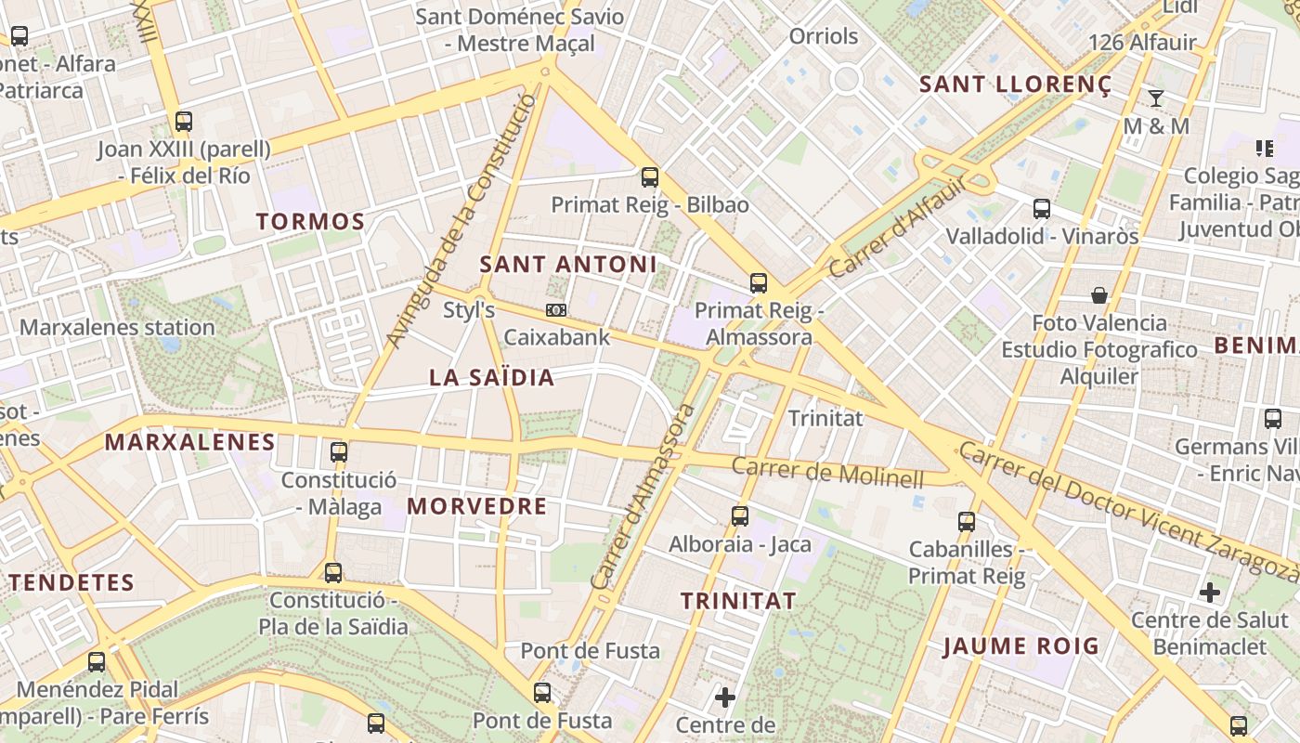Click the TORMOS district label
pyautogui.click(x=310, y=221)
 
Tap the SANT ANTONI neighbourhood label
pyautogui.click(x=567, y=264)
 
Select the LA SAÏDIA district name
pyautogui.click(x=491, y=377)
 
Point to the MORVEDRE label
pyautogui.click(x=476, y=506)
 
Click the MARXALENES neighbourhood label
pyautogui.click(x=189, y=442)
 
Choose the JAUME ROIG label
pyautogui.click(x=1020, y=645)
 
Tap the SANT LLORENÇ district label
pyautogui.click(x=1014, y=85)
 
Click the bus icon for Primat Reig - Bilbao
pyautogui.click(x=650, y=176)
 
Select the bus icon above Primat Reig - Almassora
pyautogui.click(x=759, y=283)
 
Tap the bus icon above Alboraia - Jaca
pyautogui.click(x=740, y=515)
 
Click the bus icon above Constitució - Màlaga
pyautogui.click(x=339, y=452)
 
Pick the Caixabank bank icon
pyautogui.click(x=556, y=310)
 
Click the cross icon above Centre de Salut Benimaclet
pyautogui.click(x=1209, y=592)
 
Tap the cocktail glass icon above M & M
pyautogui.click(x=1156, y=98)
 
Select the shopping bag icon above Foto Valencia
pyautogui.click(x=1099, y=295)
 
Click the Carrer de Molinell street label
pyautogui.click(x=827, y=472)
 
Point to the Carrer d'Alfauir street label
pyautogui.click(x=897, y=228)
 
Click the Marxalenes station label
pyautogui.click(x=117, y=327)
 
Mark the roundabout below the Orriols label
pyautogui.click(x=846, y=79)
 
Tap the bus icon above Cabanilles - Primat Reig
pyautogui.click(x=967, y=521)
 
